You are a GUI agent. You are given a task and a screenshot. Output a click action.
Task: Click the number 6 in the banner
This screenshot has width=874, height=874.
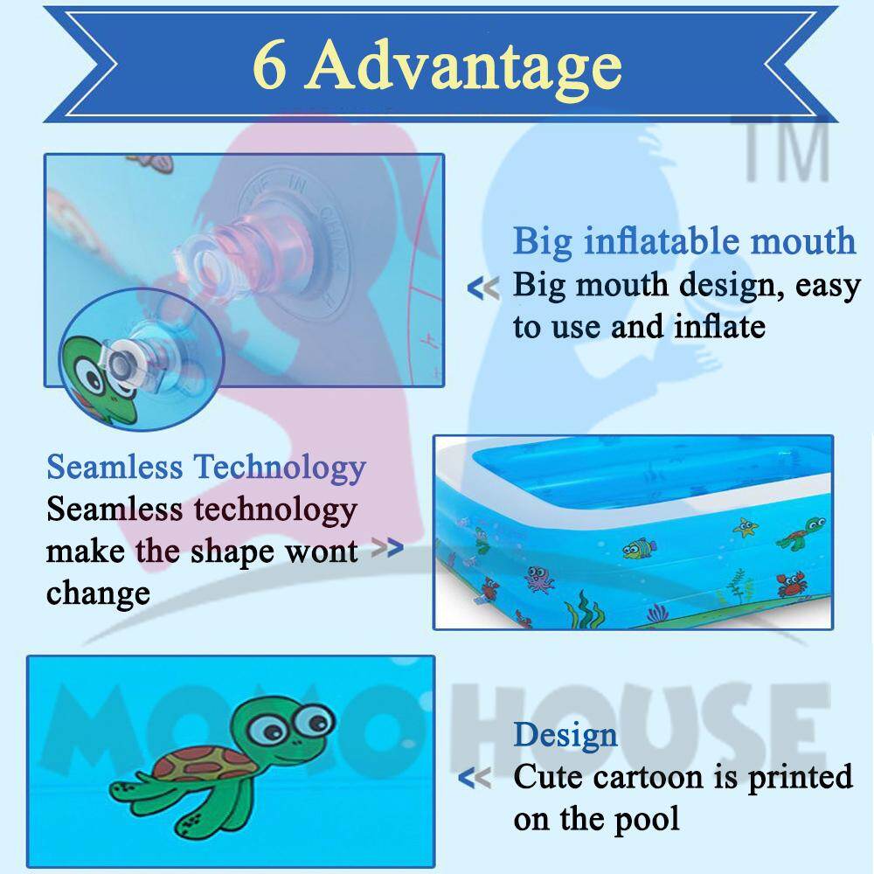270,66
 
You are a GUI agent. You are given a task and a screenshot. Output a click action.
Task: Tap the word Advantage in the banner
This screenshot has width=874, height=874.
463,68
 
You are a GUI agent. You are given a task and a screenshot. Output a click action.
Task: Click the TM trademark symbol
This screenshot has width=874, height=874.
787,151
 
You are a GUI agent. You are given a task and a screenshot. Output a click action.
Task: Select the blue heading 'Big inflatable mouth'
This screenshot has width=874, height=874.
684,242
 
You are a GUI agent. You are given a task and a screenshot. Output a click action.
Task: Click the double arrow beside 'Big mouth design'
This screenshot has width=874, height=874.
483,288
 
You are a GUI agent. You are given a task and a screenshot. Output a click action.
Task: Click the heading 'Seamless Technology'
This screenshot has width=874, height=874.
206,467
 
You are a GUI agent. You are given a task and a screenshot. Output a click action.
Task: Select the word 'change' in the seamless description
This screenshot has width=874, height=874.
98,593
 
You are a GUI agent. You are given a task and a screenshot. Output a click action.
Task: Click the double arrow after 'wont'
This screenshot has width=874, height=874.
387,547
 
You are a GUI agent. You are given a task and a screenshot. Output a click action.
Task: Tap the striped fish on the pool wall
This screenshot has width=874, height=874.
639,547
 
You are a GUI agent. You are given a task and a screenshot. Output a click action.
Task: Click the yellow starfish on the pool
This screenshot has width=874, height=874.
746,527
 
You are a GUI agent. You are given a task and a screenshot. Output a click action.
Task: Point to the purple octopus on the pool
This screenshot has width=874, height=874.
538,579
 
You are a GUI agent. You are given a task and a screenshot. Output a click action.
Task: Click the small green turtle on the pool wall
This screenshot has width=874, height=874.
802,531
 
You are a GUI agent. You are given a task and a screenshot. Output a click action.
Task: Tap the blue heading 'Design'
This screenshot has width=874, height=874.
565,736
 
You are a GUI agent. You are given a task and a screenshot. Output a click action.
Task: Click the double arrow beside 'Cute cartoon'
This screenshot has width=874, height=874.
475,778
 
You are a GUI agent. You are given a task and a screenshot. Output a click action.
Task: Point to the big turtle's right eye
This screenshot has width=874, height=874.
313,721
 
